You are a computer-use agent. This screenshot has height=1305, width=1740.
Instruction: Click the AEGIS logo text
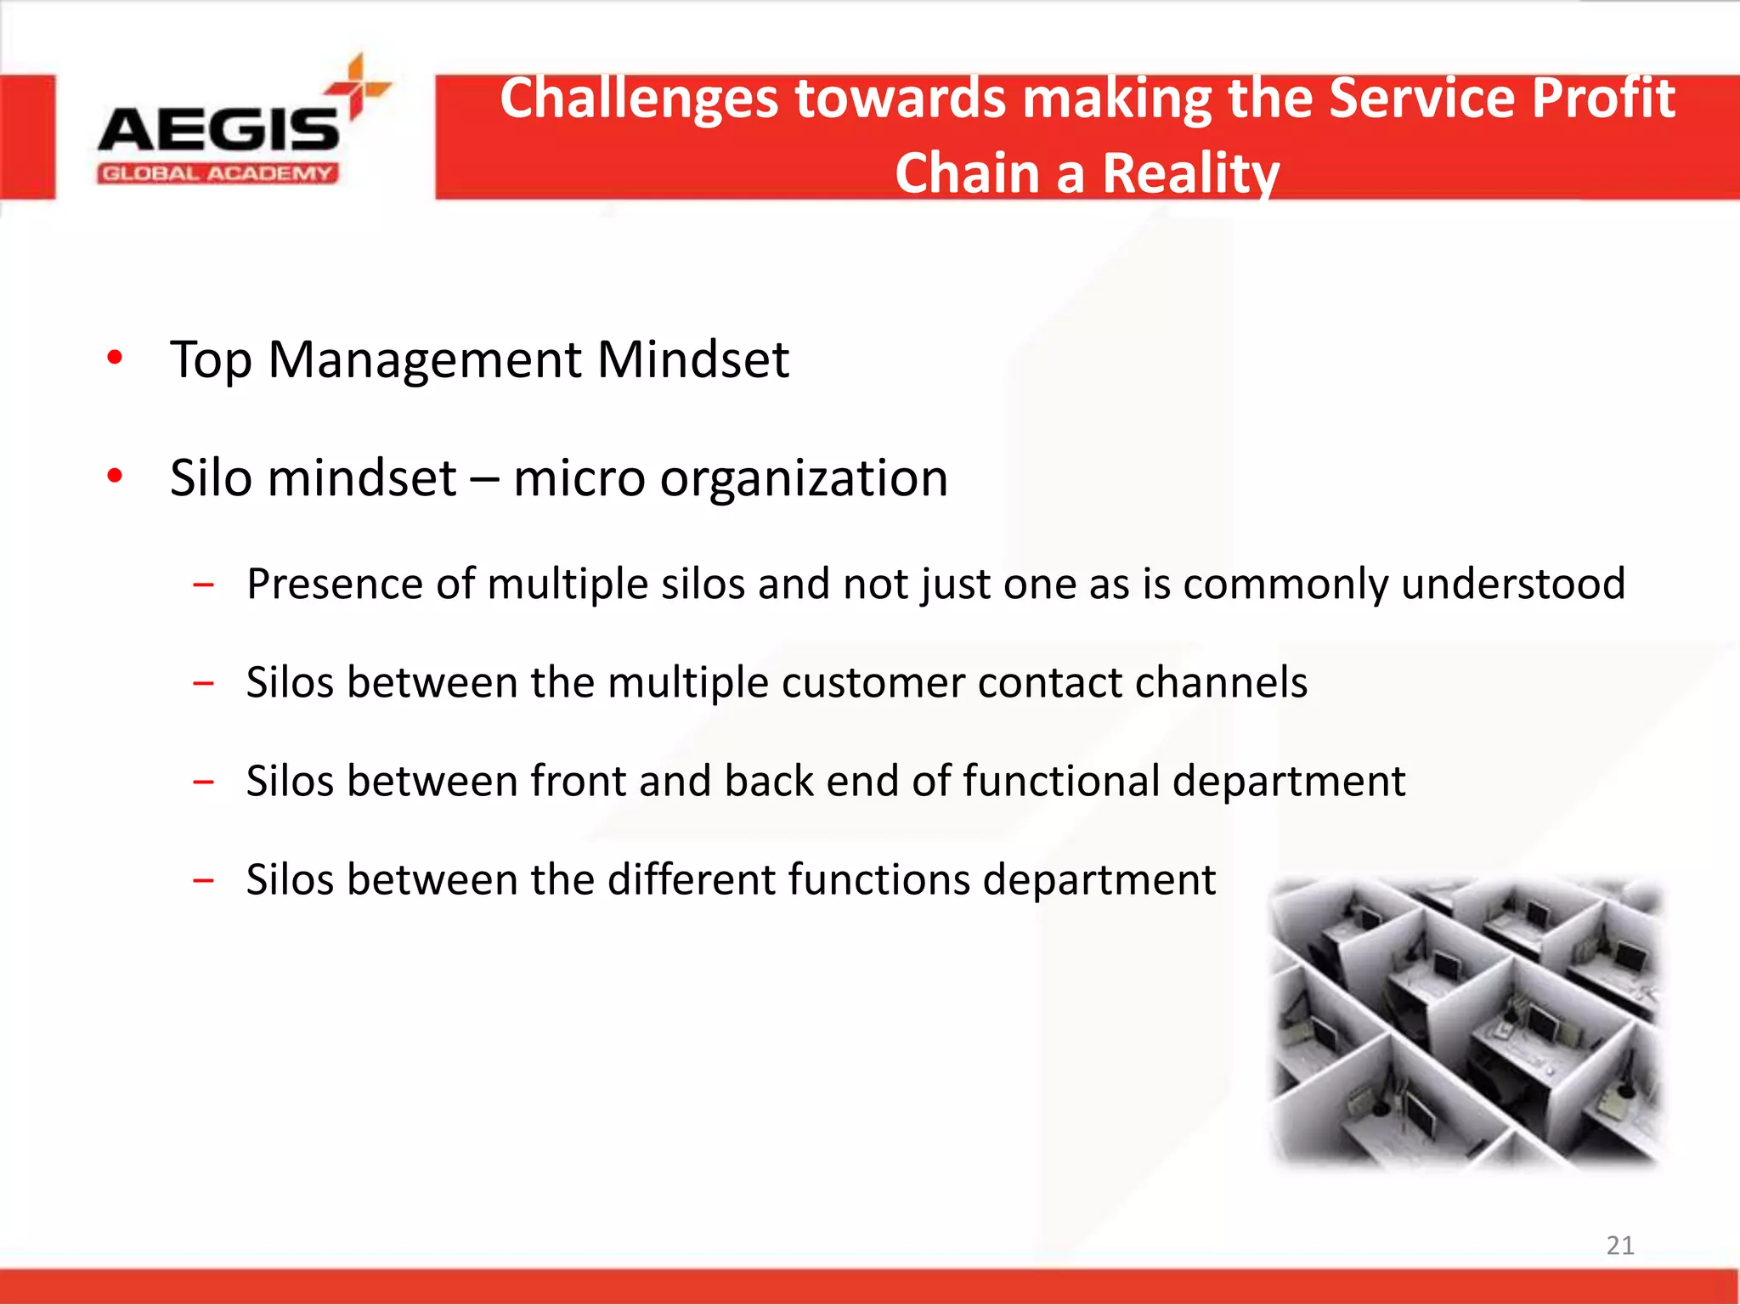click(218, 129)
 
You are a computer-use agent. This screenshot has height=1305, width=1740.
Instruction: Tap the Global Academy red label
click(217, 174)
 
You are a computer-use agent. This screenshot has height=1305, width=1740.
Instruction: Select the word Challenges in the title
click(639, 99)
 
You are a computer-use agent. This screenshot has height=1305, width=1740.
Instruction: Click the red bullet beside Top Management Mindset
click(115, 358)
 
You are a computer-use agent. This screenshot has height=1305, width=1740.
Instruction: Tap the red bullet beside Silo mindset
click(115, 476)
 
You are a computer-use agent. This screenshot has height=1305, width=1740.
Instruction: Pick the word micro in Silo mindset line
click(579, 479)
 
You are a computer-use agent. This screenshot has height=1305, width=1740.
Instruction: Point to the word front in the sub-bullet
click(578, 782)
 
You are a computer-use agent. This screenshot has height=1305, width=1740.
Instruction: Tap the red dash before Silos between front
click(203, 782)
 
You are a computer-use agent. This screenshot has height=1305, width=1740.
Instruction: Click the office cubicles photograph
click(1465, 1023)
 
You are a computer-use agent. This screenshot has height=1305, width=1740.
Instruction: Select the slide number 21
click(1619, 1246)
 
